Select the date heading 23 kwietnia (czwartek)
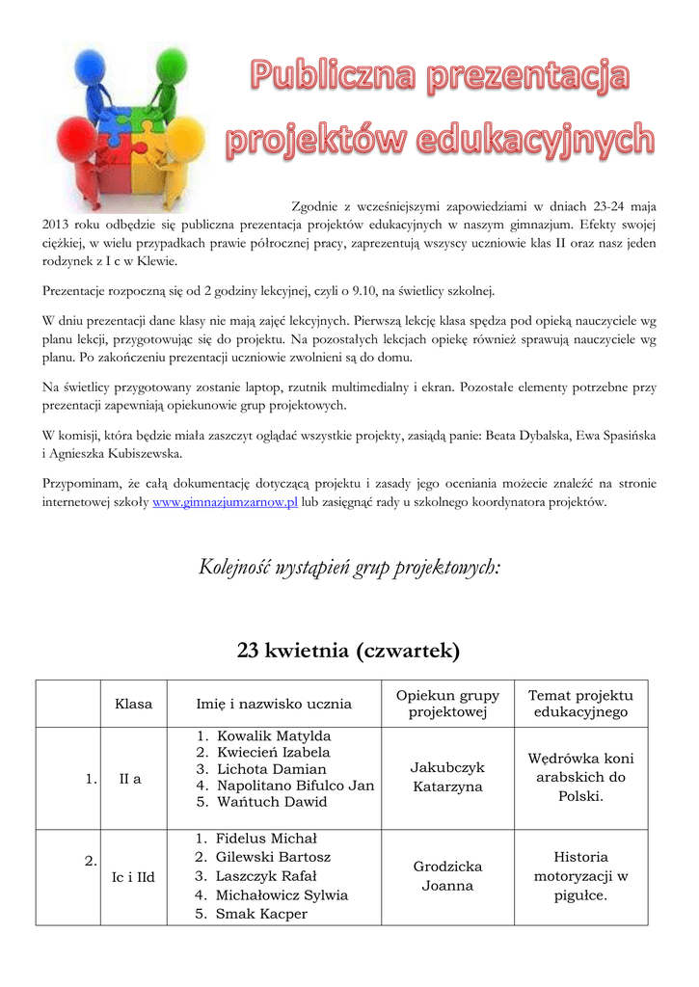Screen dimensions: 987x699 [349, 652]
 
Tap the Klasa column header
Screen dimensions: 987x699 [133, 704]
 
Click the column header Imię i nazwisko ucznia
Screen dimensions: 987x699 [274, 704]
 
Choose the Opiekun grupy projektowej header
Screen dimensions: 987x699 [447, 704]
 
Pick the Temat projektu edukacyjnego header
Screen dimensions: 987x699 [580, 704]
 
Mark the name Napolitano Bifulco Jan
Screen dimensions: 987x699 [294, 786]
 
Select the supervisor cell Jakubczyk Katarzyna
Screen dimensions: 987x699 [447, 777]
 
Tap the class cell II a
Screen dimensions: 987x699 [130, 779]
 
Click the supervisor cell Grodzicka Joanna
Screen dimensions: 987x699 [447, 876]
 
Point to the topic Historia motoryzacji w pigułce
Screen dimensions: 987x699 [580, 876]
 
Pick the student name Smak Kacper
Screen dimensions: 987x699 [261, 914]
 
